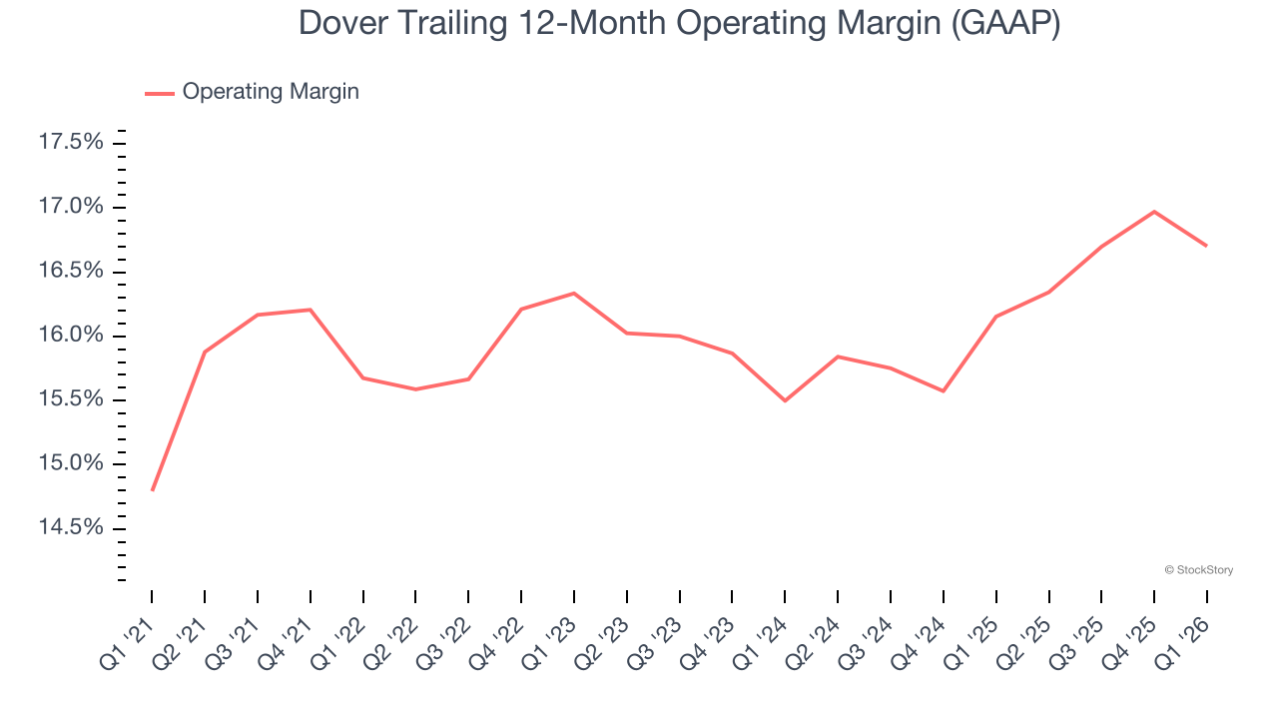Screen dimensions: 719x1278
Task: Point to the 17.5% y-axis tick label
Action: (x=71, y=143)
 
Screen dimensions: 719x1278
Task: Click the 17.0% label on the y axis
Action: (x=71, y=208)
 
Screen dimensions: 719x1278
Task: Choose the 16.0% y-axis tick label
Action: (x=71, y=336)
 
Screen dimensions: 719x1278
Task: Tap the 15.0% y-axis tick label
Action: (x=71, y=464)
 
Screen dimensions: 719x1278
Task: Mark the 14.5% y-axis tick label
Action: (x=71, y=528)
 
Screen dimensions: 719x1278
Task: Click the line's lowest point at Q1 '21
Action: (x=152, y=490)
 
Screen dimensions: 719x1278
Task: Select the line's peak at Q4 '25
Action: (x=1154, y=212)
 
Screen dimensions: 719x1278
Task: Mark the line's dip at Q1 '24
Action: (x=785, y=400)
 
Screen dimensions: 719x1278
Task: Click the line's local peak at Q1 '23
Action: (x=574, y=294)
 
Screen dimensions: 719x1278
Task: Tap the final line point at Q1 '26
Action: (x=1207, y=246)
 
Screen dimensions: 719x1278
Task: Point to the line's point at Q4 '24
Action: (x=944, y=390)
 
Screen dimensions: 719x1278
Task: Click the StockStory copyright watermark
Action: (x=1199, y=570)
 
